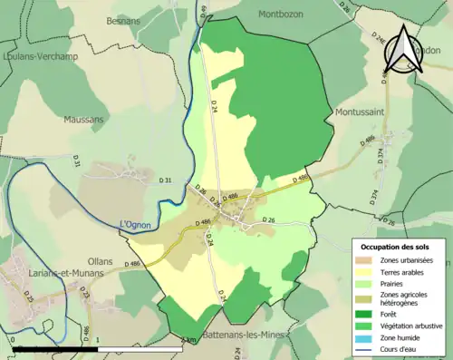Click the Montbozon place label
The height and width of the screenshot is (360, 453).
pyautogui.click(x=285, y=14)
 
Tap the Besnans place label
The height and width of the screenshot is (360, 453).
pyautogui.click(x=124, y=19)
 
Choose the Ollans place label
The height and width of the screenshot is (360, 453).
pyautogui.click(x=101, y=261)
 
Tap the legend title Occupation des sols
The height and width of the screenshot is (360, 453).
pyautogui.click(x=400, y=247)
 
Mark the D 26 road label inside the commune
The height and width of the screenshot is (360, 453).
pyautogui.click(x=268, y=220)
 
